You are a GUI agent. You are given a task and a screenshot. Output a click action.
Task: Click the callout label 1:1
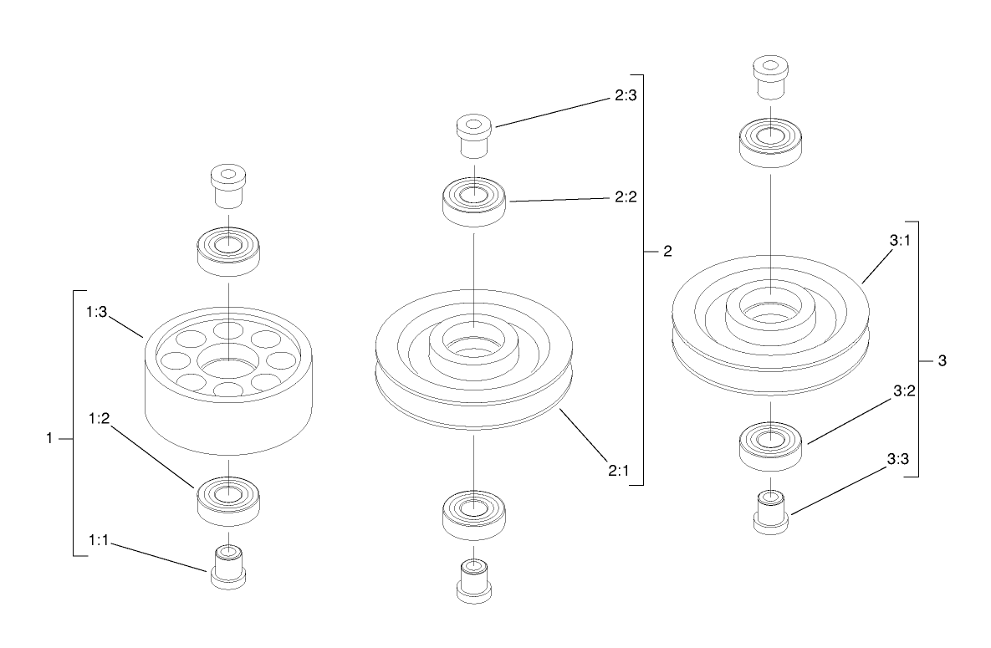point(100,541)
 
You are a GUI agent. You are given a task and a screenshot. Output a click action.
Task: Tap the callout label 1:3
point(98,311)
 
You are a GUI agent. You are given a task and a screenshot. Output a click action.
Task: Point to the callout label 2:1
point(618,470)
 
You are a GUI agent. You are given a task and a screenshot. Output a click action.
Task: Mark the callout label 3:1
point(900,241)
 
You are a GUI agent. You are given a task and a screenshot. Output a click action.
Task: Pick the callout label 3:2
point(903,390)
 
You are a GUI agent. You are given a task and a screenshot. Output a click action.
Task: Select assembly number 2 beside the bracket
point(667,251)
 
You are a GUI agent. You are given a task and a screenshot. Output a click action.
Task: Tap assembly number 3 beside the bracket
point(942,360)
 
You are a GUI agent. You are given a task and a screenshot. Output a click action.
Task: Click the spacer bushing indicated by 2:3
point(473,135)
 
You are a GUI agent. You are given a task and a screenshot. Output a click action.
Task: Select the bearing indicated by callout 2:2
point(474,202)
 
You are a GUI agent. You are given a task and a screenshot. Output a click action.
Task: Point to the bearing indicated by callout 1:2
point(227,499)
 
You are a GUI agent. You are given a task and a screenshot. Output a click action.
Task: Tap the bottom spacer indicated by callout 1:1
point(227,568)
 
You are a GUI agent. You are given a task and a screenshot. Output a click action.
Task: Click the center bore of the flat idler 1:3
point(227,367)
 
